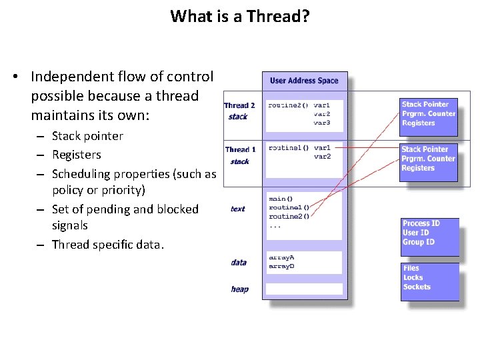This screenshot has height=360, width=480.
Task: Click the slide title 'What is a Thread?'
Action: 240,16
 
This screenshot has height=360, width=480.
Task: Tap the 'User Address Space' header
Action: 304,81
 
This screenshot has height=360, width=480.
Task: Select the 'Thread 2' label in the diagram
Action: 239,105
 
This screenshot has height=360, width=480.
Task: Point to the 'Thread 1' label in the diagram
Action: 240,150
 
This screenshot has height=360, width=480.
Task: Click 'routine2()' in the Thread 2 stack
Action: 288,105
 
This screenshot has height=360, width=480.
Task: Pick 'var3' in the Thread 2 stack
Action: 322,123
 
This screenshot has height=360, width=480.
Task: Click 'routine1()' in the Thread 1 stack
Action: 288,148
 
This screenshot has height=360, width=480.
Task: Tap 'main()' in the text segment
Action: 277,199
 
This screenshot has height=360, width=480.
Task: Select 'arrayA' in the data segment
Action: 281,257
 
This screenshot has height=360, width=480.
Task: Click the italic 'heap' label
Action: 239,289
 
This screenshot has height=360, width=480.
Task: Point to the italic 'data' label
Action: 239,263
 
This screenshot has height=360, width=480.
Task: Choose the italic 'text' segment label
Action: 238,209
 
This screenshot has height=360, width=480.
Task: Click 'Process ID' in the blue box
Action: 421,223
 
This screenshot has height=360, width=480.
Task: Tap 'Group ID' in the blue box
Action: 419,242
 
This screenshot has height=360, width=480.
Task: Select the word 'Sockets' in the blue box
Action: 417,287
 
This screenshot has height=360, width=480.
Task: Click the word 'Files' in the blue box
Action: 411,268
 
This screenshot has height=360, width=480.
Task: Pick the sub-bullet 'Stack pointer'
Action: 87,136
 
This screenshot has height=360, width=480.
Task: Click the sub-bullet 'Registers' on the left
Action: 77,155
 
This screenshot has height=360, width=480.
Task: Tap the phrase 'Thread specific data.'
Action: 108,245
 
